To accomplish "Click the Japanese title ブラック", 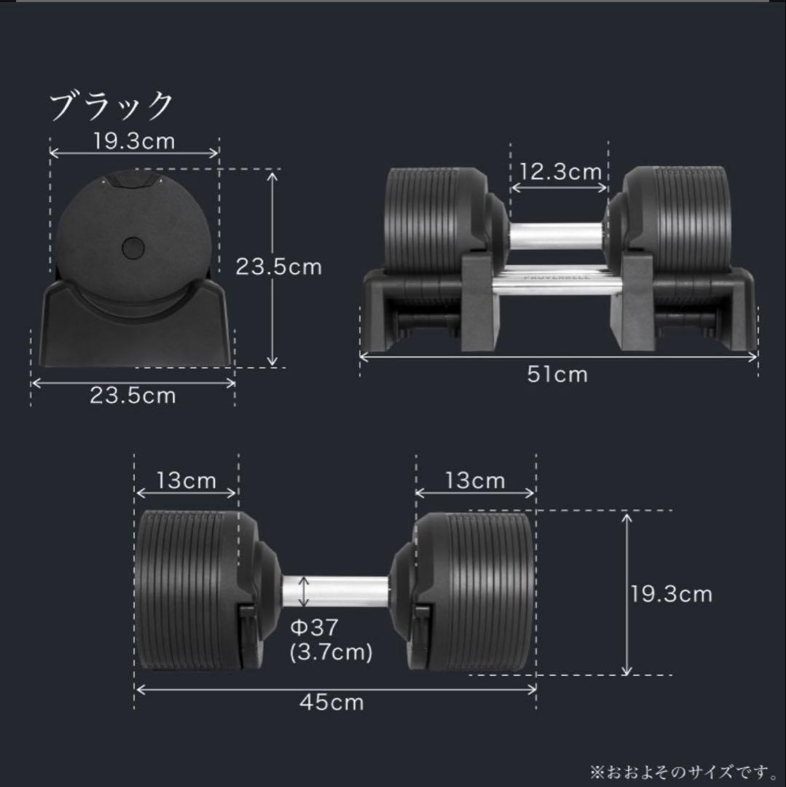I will tap(111, 106).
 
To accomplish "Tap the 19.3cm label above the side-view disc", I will tap(134, 141).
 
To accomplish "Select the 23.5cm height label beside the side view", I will tap(278, 267).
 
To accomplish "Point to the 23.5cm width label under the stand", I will tap(133, 396).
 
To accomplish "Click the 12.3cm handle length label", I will tap(560, 172).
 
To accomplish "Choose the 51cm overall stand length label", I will tap(557, 374).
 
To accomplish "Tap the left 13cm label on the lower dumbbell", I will tap(186, 481).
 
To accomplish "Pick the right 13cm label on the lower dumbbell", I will tap(475, 481).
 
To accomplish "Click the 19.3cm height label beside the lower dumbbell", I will tap(671, 594).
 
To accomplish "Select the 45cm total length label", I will tap(331, 702).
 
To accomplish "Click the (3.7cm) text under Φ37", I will tap(331, 651).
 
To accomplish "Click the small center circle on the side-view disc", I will tap(134, 247).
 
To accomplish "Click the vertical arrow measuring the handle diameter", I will tap(305, 591).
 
